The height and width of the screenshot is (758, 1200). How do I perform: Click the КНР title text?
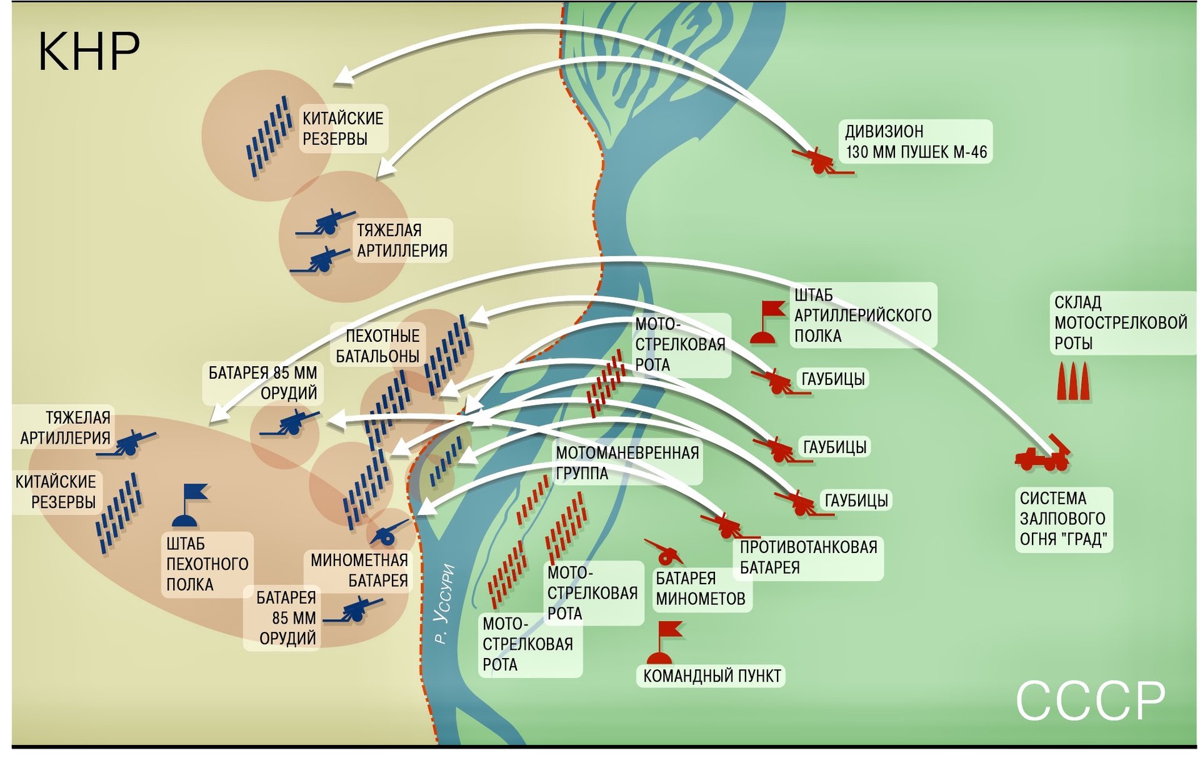[89, 51]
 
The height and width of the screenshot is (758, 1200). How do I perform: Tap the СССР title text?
[1091, 701]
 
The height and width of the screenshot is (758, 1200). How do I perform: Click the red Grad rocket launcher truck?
[1043, 453]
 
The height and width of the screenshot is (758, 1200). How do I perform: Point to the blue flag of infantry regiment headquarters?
[189, 504]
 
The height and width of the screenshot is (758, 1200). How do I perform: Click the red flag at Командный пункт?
[664, 642]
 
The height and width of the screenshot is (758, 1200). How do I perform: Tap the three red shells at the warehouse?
[1074, 382]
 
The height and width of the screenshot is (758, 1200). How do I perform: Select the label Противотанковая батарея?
[809, 557]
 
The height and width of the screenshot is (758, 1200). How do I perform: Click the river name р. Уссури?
[444, 604]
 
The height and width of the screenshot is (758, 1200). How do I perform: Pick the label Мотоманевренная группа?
[627, 463]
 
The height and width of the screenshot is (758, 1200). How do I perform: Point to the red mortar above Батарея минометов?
[664, 551]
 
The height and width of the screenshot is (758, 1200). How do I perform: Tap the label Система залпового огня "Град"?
[1063, 519]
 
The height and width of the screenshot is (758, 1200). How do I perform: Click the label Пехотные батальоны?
[378, 346]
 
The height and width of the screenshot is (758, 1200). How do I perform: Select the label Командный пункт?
[711, 676]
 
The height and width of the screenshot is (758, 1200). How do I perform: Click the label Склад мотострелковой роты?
[1121, 322]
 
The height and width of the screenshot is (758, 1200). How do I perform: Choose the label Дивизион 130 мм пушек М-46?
[916, 142]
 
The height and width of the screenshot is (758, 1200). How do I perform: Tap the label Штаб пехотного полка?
[207, 564]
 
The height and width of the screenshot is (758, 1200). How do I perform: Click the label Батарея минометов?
[701, 588]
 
